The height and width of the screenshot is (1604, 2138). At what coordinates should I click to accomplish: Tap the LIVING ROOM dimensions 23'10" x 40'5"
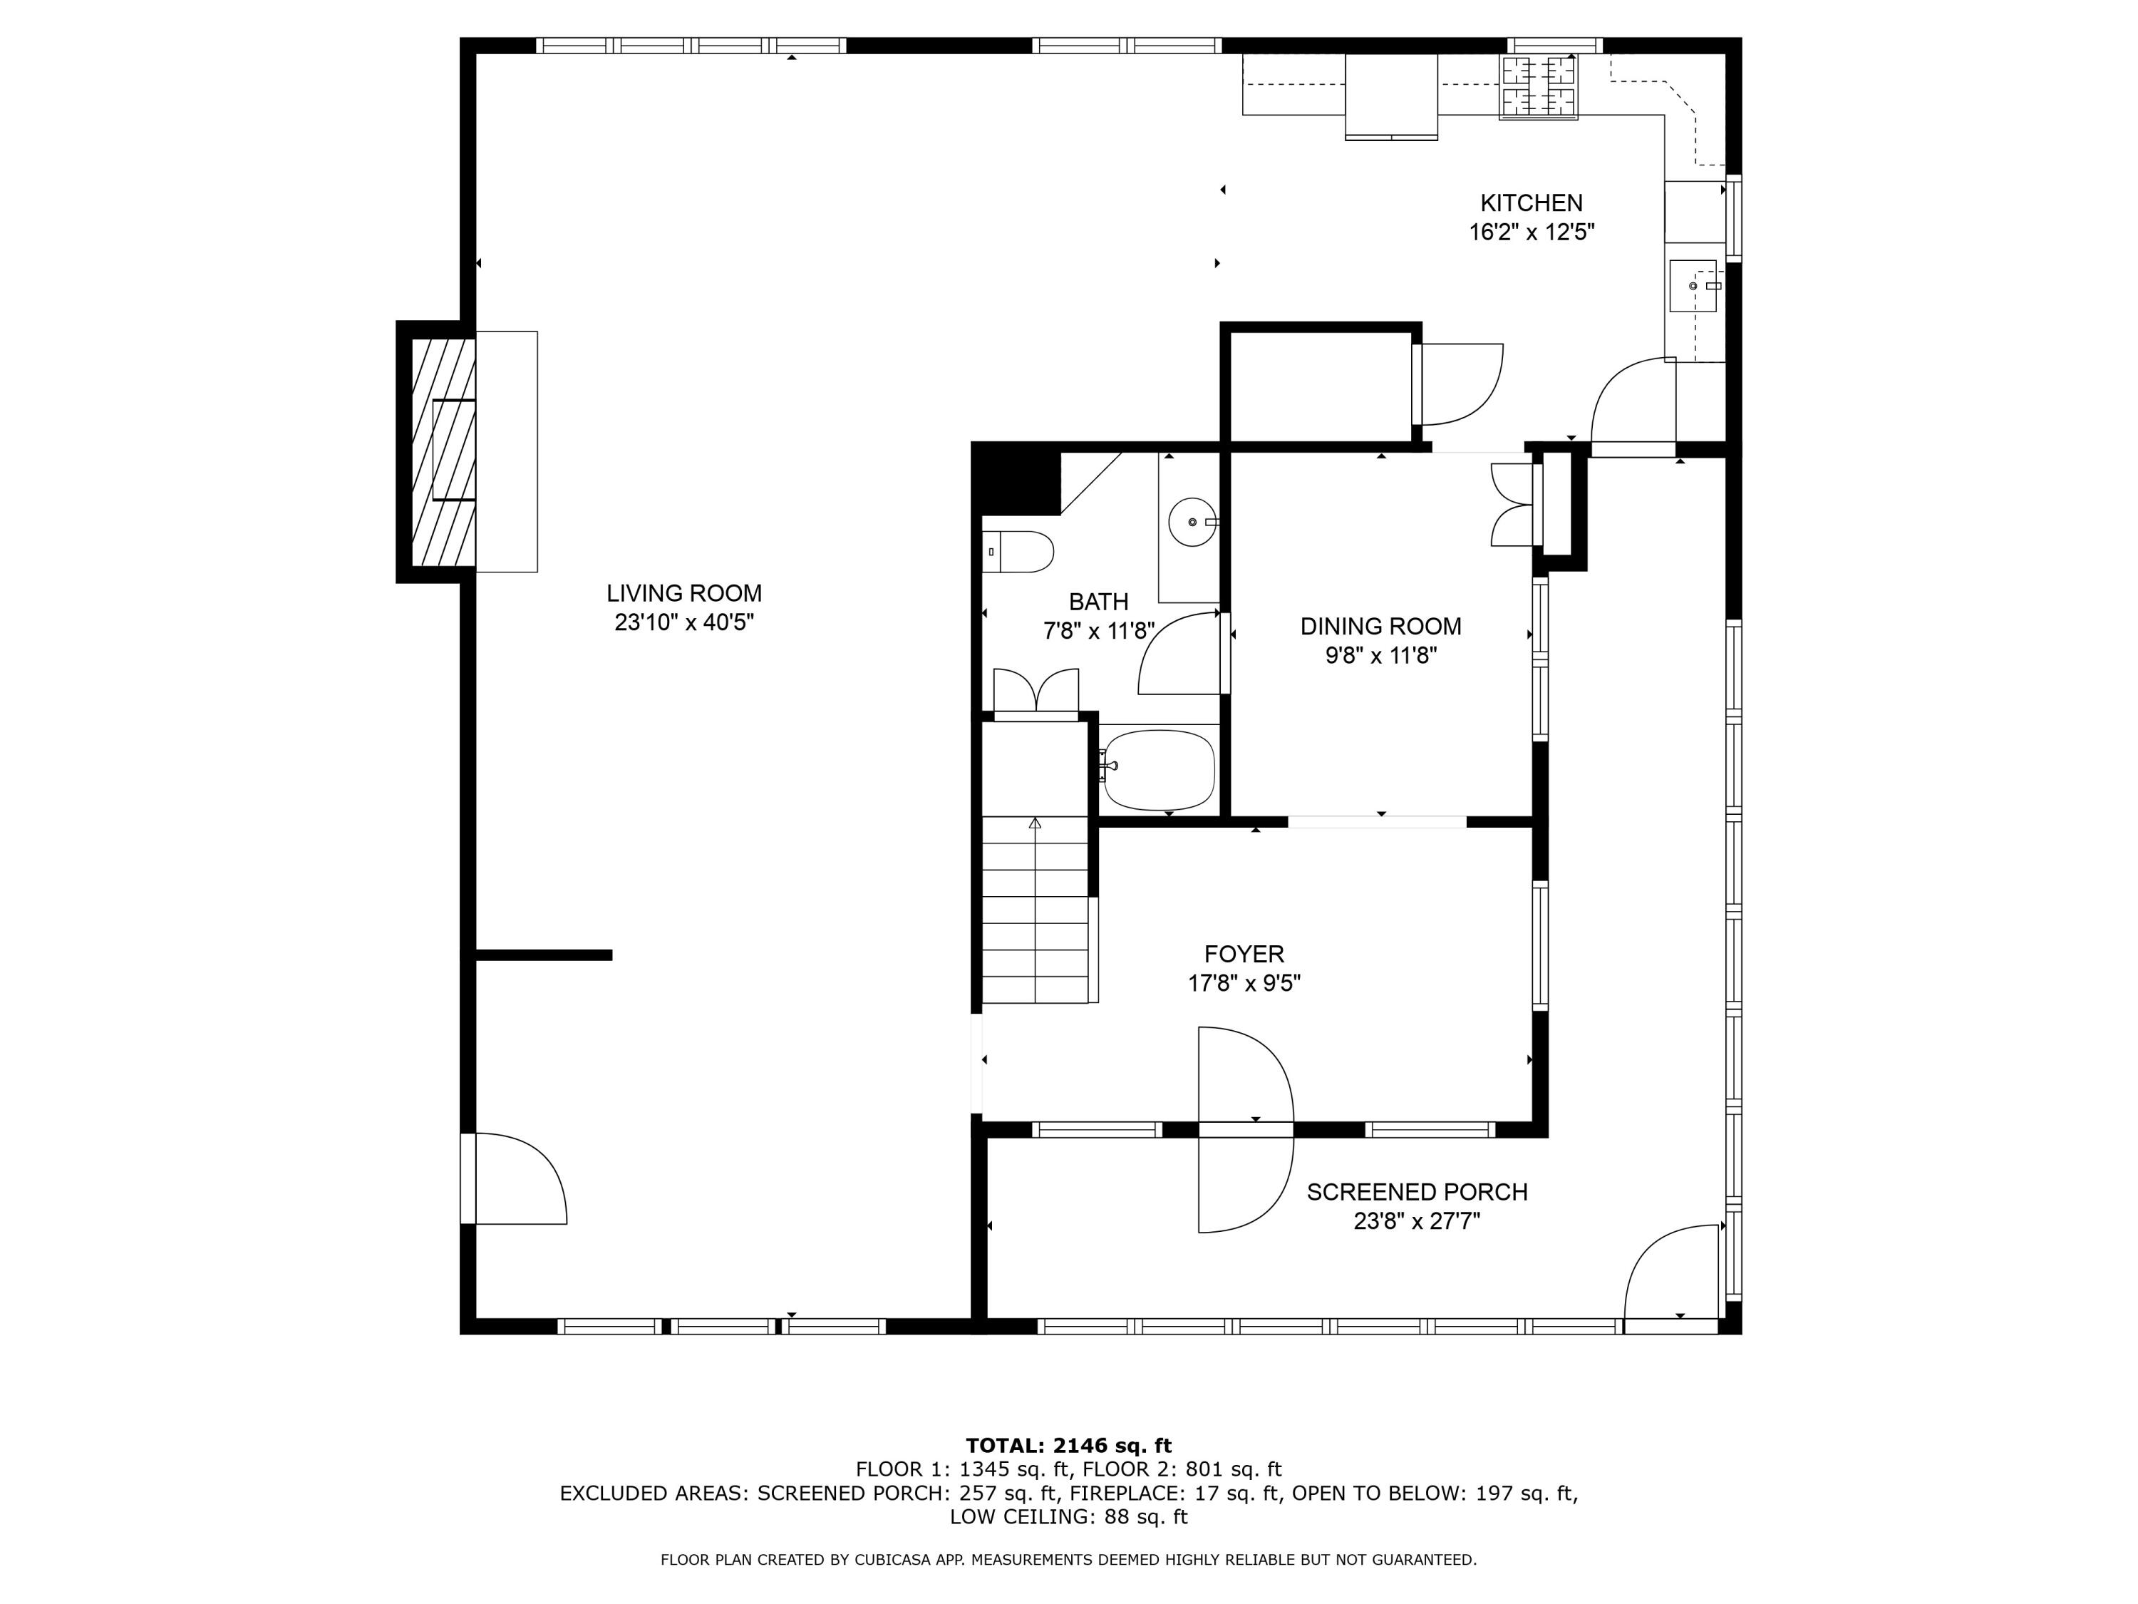coord(683,622)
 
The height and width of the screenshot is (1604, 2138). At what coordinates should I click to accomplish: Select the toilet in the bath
coord(1020,552)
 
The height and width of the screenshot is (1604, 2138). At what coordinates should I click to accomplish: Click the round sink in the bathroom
coord(1193,522)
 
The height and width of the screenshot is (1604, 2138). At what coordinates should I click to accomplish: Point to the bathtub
coord(1158,771)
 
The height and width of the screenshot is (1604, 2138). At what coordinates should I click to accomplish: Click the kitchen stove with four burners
coord(1538,87)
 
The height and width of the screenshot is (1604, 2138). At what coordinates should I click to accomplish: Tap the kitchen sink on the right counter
coord(1693,286)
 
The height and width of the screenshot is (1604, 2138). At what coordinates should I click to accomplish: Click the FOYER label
coord(1244,955)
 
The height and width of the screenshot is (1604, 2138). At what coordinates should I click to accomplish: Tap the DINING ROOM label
coord(1380,627)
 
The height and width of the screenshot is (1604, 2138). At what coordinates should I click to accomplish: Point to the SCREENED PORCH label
coord(1417,1192)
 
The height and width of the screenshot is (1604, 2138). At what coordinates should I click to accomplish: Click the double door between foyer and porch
coord(1245,1129)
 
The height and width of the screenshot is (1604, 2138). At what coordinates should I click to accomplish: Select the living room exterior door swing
coord(517,1180)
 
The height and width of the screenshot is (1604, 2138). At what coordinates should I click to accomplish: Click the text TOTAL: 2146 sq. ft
coord(1068,1446)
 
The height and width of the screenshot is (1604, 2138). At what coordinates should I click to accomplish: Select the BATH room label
coord(1098,602)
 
